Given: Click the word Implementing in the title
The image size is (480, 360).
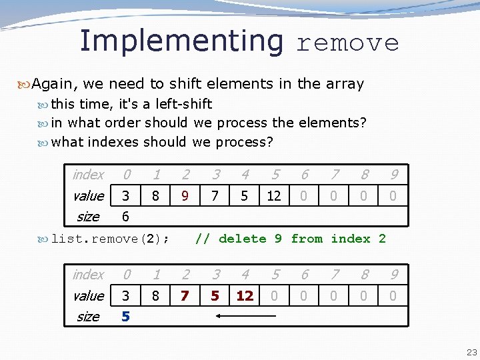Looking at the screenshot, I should click(181, 41).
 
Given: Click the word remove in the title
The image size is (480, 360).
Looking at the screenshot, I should click(347, 43).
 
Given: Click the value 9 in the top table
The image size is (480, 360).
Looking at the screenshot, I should click(185, 196).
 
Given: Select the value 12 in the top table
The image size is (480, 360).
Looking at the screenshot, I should click(274, 196).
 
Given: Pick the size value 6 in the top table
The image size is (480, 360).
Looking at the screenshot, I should click(126, 217).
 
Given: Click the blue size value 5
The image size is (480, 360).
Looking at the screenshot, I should click(126, 317).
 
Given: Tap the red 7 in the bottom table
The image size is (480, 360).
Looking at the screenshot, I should click(185, 296).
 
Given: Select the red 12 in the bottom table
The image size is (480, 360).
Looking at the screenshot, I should click(245, 296).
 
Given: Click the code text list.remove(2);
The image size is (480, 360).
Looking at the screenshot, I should click(110, 239).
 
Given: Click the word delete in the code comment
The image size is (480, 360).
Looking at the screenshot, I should click(242, 239).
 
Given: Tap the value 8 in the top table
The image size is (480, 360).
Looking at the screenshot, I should click(155, 196).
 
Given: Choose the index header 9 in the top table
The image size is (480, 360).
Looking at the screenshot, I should click(393, 175).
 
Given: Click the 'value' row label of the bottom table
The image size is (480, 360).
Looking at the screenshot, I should click(89, 296).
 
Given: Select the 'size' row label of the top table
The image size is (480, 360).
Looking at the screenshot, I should click(88, 217).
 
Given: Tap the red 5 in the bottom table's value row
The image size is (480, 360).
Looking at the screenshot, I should click(215, 296).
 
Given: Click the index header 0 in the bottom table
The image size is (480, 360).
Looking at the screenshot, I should click(126, 275).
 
